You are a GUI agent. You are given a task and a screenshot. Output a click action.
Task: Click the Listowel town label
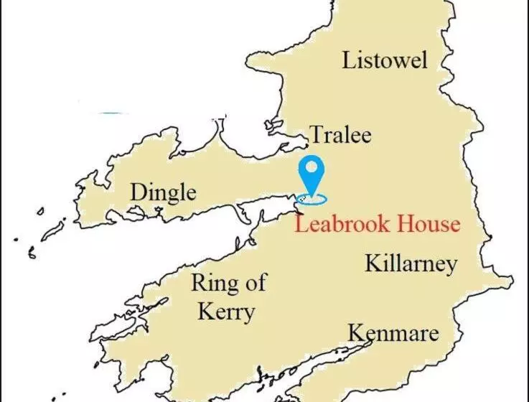point(385,60)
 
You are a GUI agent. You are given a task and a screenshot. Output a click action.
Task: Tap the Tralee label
point(340,134)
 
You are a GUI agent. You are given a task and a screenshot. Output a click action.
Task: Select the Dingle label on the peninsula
point(163,192)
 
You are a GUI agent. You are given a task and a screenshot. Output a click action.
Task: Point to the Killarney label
point(411,263)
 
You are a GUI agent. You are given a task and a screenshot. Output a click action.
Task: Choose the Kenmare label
point(393,334)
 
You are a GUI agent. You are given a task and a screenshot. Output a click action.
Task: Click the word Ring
point(213,284)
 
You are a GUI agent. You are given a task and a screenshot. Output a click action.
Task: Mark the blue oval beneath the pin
point(312,198)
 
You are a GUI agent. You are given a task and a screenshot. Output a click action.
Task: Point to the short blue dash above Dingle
point(111,113)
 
